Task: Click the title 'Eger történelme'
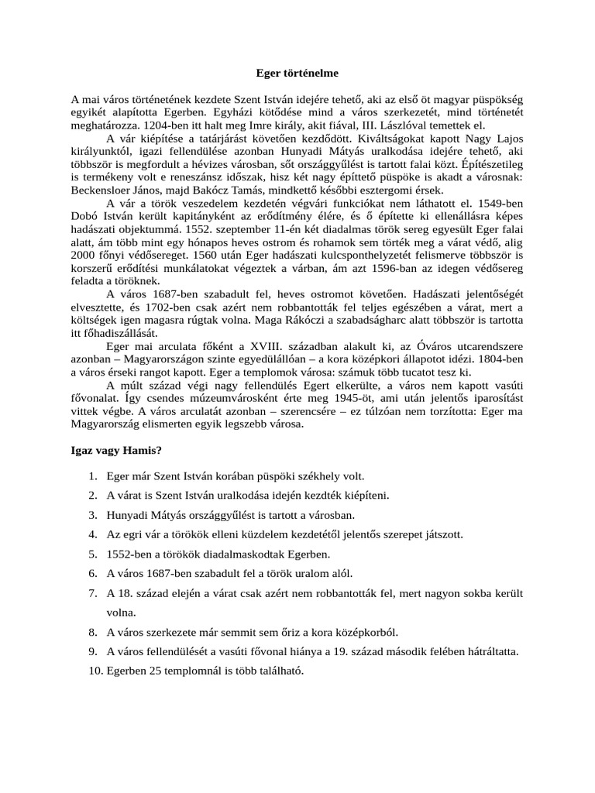coord(297,74)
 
